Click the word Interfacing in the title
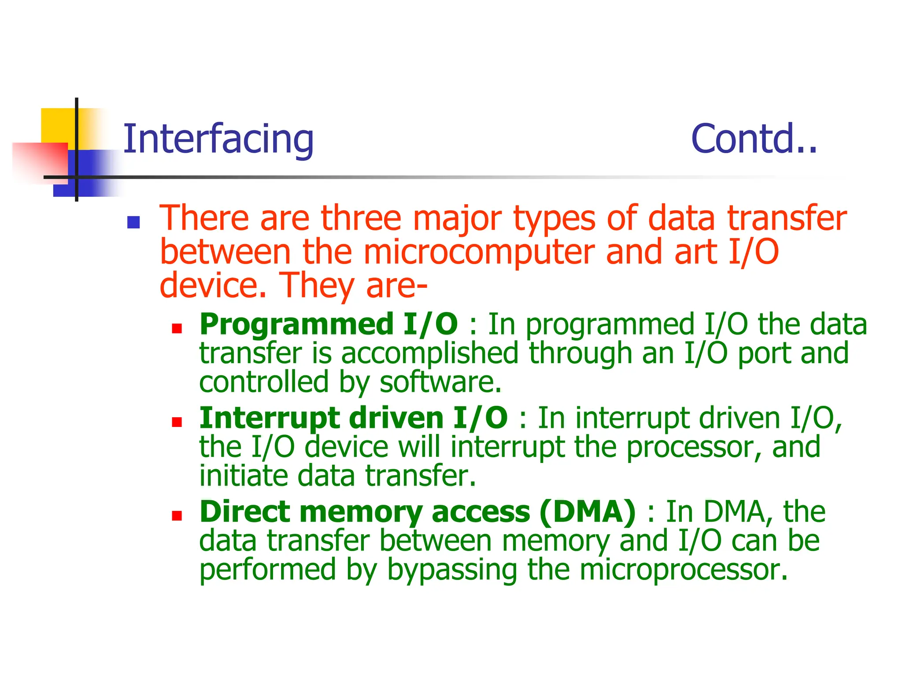point(218,139)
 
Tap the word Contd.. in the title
point(754,139)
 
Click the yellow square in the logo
point(57,125)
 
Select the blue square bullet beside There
point(133,223)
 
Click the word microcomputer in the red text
point(479,252)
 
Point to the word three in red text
point(361,218)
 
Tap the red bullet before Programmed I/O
point(177,329)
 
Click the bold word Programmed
point(296,324)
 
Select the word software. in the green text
point(440,382)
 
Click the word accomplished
point(429,353)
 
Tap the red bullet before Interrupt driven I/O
point(177,422)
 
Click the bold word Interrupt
point(269,418)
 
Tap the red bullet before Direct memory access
point(177,516)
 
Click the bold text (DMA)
point(588,512)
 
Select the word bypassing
point(452,570)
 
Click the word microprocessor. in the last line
point(683,570)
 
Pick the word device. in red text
point(213,286)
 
